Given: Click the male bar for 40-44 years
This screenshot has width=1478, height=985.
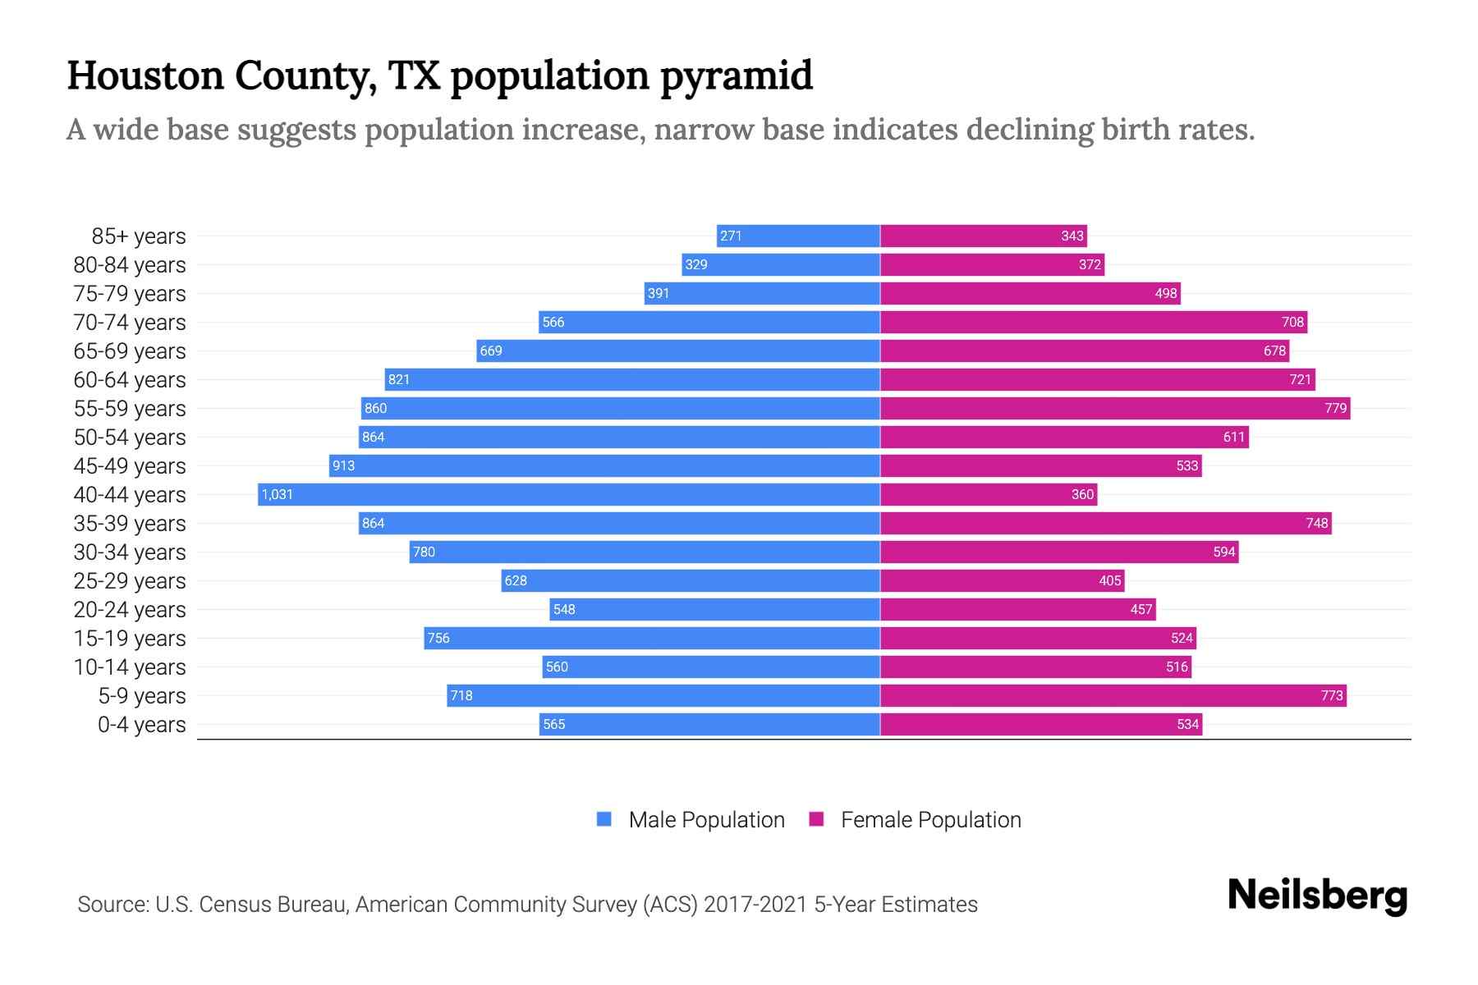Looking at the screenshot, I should click(x=568, y=494).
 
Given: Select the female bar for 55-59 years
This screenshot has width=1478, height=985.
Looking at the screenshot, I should click(x=1115, y=408).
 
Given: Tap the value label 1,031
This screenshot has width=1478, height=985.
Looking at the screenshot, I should click(x=278, y=494).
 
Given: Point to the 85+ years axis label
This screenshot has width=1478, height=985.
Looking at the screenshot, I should click(x=138, y=236).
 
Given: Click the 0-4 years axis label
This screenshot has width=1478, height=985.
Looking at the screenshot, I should click(x=141, y=725).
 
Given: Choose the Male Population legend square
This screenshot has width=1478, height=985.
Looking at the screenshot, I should click(x=604, y=819).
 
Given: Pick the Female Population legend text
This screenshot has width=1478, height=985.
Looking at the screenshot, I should click(x=930, y=819).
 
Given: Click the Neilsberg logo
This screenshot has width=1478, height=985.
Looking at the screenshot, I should click(x=1317, y=896).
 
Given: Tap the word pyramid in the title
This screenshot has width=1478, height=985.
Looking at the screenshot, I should click(x=737, y=76).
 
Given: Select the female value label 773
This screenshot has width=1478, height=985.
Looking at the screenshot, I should click(x=1332, y=695).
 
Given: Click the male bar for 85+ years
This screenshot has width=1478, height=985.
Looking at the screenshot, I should click(x=798, y=236).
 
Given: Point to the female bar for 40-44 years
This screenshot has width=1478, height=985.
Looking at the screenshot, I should click(x=989, y=494).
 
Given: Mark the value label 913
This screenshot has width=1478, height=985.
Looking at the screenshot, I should click(x=343, y=465).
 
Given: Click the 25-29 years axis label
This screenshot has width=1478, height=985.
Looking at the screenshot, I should click(x=130, y=581).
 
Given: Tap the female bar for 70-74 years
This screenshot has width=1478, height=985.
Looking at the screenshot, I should click(x=1094, y=322).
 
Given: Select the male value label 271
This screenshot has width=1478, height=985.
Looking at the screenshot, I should click(x=731, y=236).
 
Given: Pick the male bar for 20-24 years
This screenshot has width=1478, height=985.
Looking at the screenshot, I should click(x=714, y=609).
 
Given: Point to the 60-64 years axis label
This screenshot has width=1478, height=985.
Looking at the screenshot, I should click(x=130, y=380).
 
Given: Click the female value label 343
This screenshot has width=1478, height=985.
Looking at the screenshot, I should click(x=1072, y=236).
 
